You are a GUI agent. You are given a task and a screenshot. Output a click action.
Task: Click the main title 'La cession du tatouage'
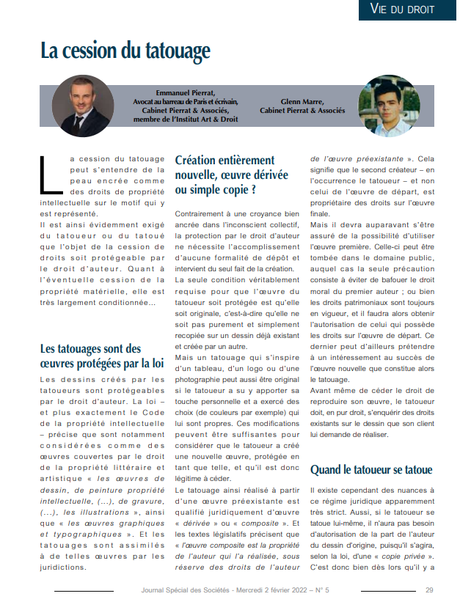(125, 51)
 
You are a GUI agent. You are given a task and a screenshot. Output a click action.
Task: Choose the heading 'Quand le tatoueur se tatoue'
(371, 469)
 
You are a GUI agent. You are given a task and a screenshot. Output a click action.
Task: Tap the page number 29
(430, 590)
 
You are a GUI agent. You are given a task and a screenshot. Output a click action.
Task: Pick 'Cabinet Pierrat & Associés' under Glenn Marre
(302, 111)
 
